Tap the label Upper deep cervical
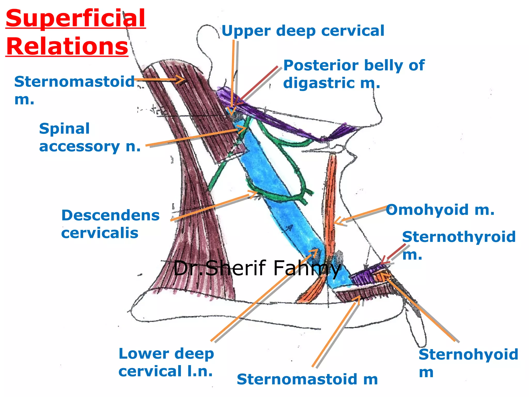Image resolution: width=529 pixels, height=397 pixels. coord(303,31)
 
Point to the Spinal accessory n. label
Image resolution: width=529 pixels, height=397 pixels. coord(90,138)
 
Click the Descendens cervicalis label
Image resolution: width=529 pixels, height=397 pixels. coord(110,224)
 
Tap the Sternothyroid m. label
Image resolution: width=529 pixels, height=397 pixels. coord(459,245)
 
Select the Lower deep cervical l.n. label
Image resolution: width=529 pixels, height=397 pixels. coord(166,362)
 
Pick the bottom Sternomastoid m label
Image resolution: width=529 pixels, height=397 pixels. coord(307,379)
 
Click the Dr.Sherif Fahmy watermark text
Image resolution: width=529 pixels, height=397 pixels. coord(257,268)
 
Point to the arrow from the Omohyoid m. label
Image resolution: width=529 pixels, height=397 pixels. coord(362,215)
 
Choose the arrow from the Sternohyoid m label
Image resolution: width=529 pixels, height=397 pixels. coord(418,308)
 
